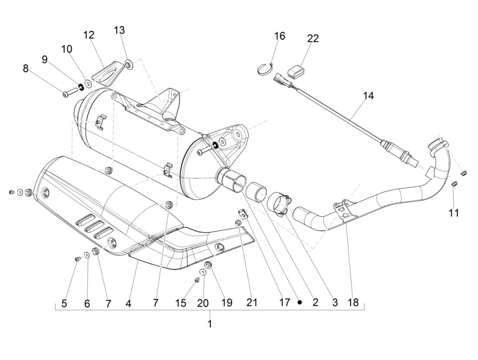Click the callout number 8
(x=25, y=68)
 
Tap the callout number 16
(x=279, y=36)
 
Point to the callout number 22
(x=313, y=38)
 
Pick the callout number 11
(x=453, y=213)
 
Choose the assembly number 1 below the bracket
(x=210, y=324)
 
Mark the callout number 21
(x=252, y=303)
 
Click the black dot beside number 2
(x=300, y=302)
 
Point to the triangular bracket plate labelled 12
(x=106, y=74)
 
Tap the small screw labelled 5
(x=77, y=259)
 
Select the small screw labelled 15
(x=197, y=280)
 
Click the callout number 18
(x=353, y=303)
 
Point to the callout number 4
(x=128, y=303)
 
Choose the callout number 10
(x=67, y=49)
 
